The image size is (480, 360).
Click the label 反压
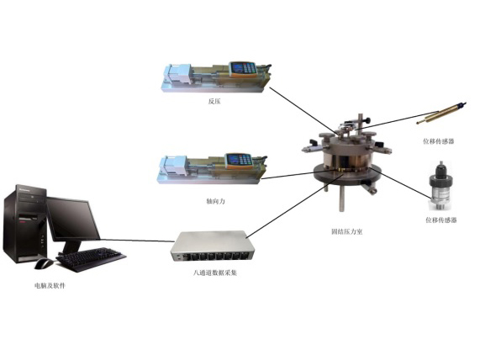click(214, 102)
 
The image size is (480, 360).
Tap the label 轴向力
click(216, 201)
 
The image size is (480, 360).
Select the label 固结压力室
click(347, 231)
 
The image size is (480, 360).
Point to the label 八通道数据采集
click(215, 273)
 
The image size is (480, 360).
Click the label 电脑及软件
click(50, 286)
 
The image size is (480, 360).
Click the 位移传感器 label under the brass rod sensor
click(439, 141)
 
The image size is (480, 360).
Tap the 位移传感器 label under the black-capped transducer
click(441, 220)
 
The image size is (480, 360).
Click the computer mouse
click(44, 263)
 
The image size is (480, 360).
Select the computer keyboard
click(91, 259)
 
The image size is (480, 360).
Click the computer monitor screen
click(73, 220)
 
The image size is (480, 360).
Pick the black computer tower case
click(25, 224)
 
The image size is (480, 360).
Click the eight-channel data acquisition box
click(211, 246)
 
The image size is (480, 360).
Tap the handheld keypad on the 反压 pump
click(243, 69)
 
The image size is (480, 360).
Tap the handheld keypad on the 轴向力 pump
click(239, 161)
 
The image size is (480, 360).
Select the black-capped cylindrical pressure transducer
click(440, 186)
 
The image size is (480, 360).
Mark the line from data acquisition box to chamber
click(295, 205)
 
